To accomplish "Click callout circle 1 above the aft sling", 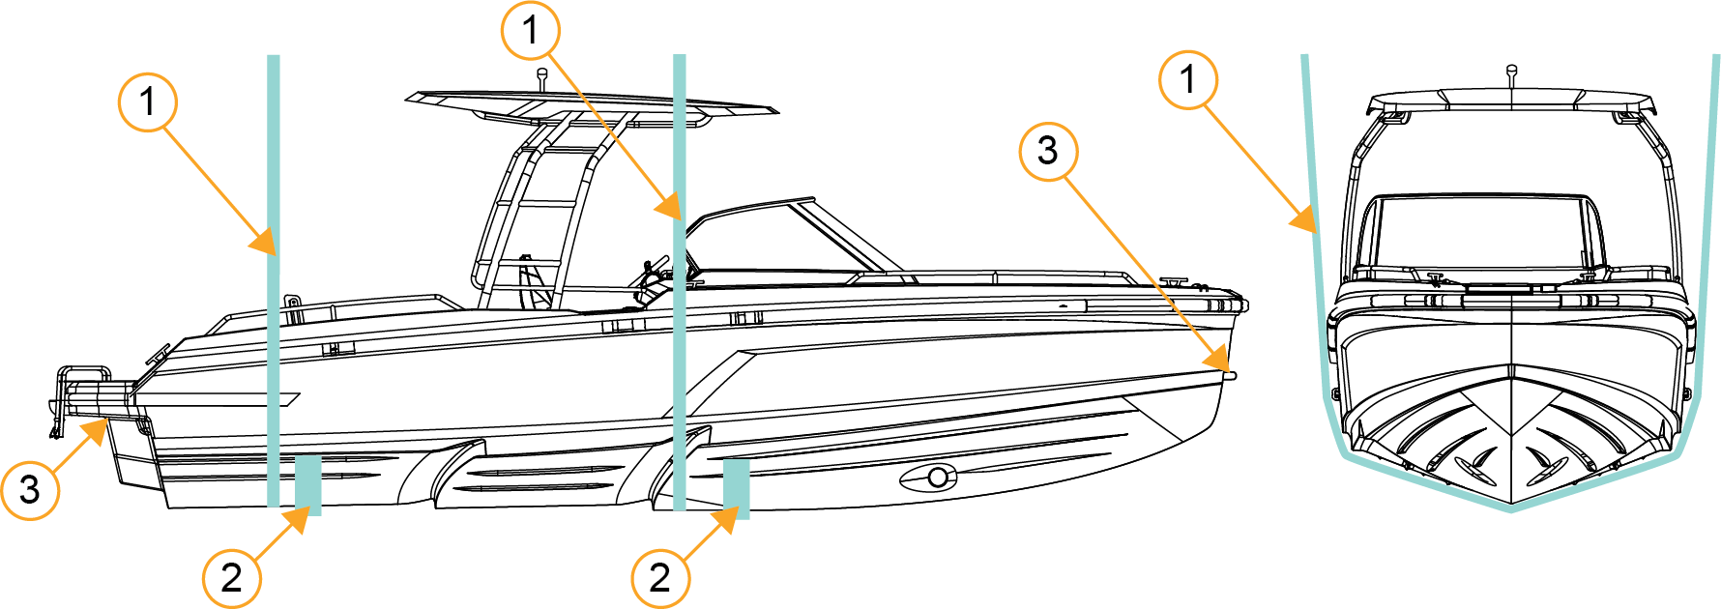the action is point(148,101).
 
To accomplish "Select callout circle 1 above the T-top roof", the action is point(530,31).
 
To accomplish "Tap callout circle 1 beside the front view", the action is point(1188,80).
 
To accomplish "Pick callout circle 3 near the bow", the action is point(1048,151).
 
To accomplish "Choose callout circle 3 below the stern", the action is point(30,490).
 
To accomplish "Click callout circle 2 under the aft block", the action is point(232,578).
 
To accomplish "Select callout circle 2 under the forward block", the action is point(660,578).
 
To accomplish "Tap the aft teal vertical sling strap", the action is point(274,280).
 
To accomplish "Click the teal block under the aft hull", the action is point(308,485).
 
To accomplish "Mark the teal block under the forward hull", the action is point(737,489).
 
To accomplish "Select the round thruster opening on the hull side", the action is point(937,477).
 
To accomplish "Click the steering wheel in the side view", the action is point(654,272).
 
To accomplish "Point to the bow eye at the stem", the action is point(1230,374).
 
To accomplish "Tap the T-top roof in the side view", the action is point(592,103).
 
